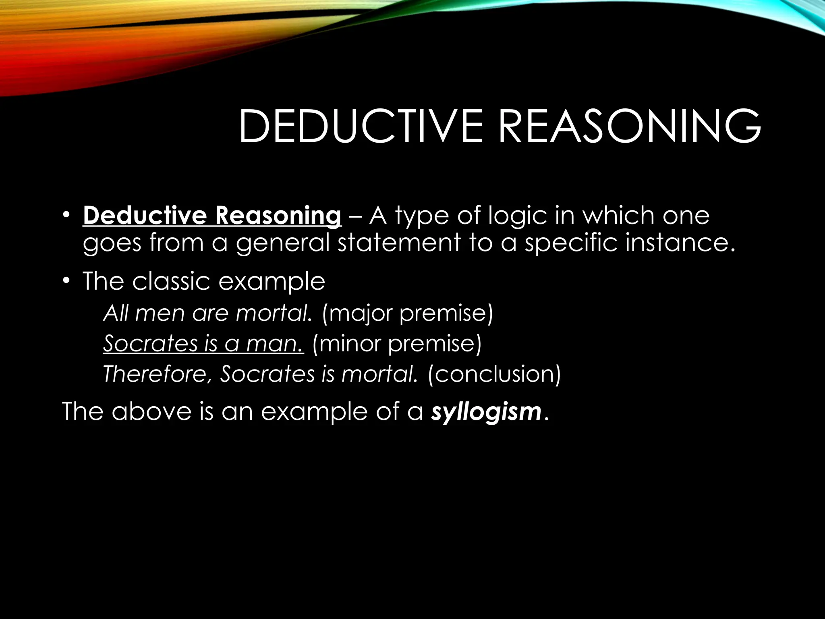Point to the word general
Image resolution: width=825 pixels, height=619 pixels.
point(283,243)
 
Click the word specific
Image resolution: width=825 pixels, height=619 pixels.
point(571,243)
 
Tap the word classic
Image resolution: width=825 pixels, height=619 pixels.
point(171,281)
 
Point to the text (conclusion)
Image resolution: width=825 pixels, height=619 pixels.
point(494,374)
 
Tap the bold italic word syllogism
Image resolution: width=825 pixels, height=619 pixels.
point(486,411)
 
